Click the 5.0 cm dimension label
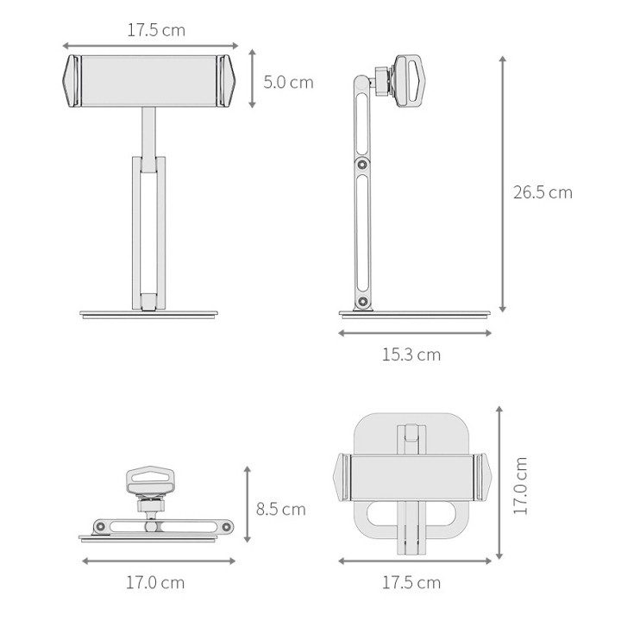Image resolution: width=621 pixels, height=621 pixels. [x=288, y=83]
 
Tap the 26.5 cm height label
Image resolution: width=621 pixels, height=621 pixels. [x=543, y=192]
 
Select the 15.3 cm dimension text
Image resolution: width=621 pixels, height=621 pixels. [x=411, y=354]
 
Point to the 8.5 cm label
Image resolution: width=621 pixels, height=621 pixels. [x=281, y=509]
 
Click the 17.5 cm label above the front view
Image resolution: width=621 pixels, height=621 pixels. [x=156, y=30]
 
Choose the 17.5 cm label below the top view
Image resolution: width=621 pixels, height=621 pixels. [x=411, y=582]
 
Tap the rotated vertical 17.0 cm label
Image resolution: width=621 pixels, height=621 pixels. [x=520, y=486]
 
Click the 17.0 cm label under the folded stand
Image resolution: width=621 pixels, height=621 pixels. [x=155, y=582]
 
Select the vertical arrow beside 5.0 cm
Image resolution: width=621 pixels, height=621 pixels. [x=252, y=78]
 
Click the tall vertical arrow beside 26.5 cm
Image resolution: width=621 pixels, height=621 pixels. [x=503, y=185]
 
